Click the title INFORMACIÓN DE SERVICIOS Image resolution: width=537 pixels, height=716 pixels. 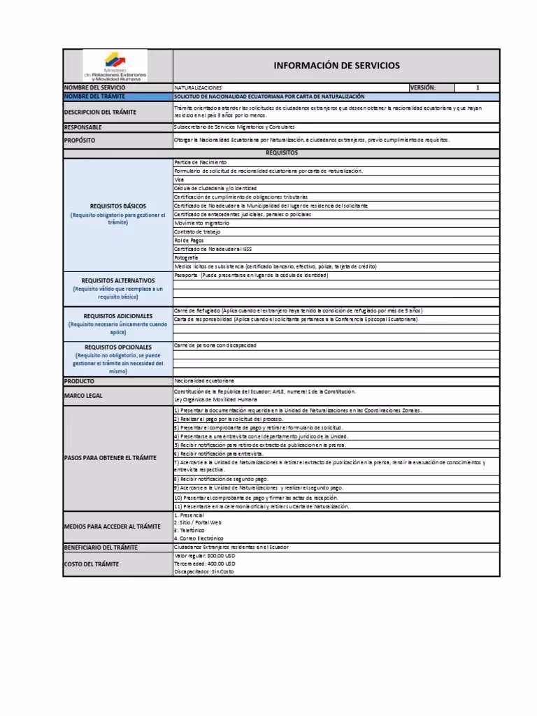click(x=336, y=66)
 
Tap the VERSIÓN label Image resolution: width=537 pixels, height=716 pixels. click(x=424, y=87)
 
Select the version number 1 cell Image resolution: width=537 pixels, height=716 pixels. click(x=477, y=87)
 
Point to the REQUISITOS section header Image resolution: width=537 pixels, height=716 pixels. click(x=282, y=152)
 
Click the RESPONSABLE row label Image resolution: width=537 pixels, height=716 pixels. click(x=83, y=127)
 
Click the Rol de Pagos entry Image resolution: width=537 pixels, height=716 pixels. click(x=187, y=241)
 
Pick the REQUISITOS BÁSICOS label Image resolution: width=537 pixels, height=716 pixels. click(x=118, y=206)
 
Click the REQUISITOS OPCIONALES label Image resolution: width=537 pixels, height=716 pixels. click(x=118, y=347)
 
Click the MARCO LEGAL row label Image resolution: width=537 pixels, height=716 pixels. click(x=83, y=396)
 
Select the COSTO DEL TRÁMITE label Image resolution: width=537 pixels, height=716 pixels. click(x=92, y=564)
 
